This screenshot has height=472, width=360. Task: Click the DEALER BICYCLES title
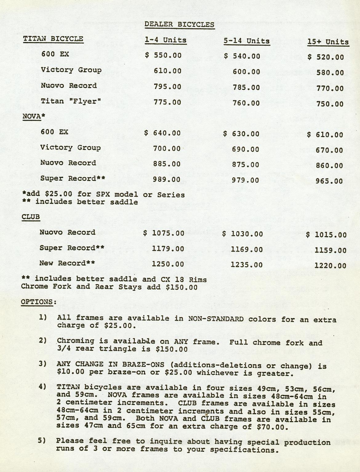179,24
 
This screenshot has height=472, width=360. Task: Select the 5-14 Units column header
246,41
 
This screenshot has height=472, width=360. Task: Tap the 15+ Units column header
328,42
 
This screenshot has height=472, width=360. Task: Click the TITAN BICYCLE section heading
53,39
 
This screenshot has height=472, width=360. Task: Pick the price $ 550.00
163,55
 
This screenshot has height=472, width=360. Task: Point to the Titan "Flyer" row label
71,101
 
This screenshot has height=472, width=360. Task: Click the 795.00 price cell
167,86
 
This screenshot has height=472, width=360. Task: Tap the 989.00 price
167,179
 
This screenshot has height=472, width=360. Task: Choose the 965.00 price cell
329,181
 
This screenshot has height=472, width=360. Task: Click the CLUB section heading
31,217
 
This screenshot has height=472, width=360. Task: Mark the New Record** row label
67,263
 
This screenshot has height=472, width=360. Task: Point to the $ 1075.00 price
164,233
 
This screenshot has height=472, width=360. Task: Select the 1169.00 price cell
247,250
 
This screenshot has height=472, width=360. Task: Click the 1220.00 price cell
330,266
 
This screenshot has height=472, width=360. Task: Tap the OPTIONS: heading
39,302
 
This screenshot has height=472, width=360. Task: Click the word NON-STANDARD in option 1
216,319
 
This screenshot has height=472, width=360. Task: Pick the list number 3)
43,363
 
